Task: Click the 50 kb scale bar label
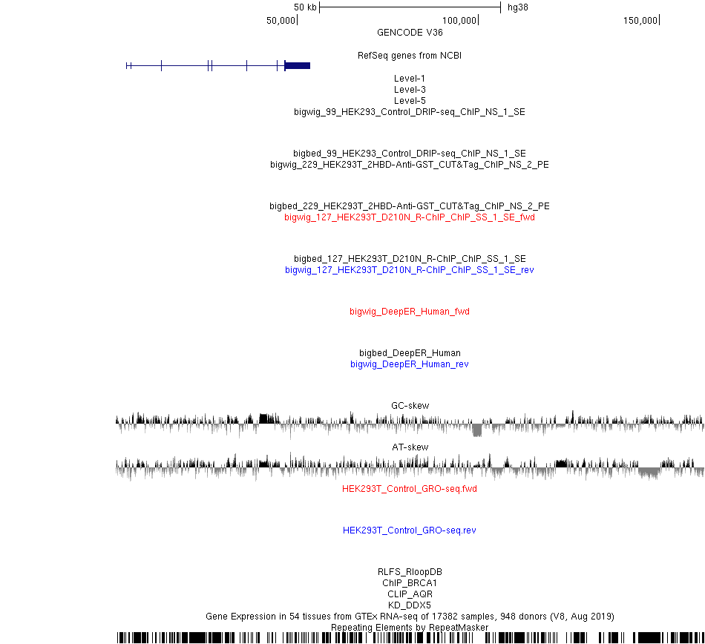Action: click(305, 7)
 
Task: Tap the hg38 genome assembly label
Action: click(517, 7)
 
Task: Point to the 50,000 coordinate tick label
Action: click(281, 20)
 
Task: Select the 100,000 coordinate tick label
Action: click(459, 20)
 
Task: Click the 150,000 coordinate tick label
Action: click(640, 20)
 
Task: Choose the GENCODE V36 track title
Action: click(410, 33)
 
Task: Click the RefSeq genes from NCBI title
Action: click(410, 56)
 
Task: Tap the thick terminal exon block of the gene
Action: click(298, 65)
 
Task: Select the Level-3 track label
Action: click(410, 90)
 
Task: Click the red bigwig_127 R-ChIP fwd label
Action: click(410, 217)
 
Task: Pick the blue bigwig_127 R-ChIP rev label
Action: click(410, 269)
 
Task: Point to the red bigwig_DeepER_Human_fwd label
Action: click(410, 312)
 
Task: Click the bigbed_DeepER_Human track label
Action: click(410, 352)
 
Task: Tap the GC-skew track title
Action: click(410, 405)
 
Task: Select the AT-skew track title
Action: click(410, 447)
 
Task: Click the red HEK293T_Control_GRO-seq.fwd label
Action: click(410, 488)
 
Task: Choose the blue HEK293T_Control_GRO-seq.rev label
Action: click(410, 530)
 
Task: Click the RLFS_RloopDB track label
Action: click(410, 571)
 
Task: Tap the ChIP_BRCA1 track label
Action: click(410, 583)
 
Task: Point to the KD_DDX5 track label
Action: click(410, 605)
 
